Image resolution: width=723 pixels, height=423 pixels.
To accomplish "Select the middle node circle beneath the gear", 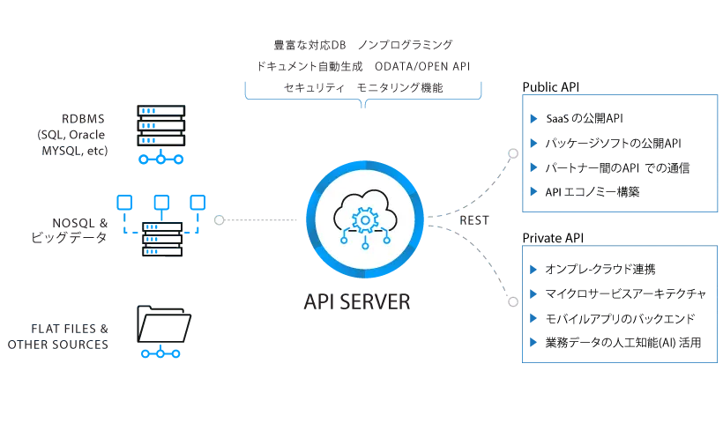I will point(365,245).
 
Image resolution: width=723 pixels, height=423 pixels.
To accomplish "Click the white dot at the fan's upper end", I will point(512,153).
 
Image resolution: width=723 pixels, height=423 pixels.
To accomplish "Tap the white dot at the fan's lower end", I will point(512,301).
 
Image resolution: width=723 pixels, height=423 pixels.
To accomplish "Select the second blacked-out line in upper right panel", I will point(630,143).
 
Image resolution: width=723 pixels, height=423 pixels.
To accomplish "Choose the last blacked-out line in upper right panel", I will point(630,191).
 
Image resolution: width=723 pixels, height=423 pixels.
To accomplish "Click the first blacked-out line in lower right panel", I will point(630,270).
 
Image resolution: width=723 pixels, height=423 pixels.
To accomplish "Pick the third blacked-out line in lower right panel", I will point(630,318).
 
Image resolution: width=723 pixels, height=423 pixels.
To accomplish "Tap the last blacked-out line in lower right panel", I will point(630,342).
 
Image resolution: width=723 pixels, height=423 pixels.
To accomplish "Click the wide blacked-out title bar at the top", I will point(361,59).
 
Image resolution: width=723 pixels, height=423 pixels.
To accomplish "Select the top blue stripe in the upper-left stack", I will point(162,112).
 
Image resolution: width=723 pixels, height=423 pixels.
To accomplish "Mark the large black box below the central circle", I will point(326,324).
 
